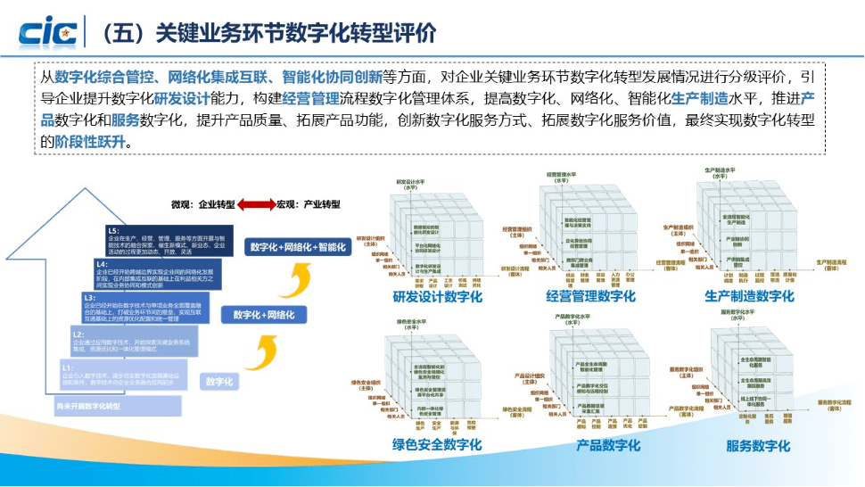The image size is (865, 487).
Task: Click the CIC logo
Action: click(45, 31)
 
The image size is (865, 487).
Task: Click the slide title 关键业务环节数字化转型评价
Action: click(268, 33)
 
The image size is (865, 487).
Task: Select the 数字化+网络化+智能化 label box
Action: click(298, 247)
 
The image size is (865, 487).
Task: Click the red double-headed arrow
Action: click(258, 204)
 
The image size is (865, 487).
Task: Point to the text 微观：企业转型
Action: click(206, 204)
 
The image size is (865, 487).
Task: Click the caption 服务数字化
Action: click(758, 445)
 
